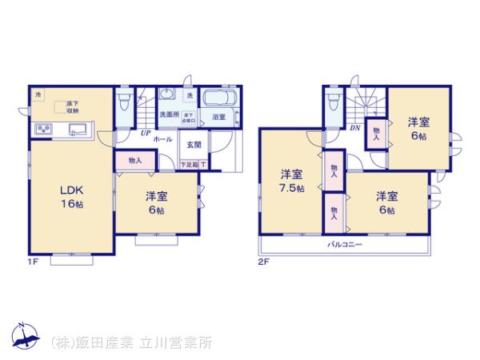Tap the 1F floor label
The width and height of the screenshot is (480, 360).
(34, 262)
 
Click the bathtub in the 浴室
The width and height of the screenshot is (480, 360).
(216, 100)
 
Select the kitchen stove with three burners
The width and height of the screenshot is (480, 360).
(42, 130)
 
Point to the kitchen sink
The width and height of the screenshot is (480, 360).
(77, 129)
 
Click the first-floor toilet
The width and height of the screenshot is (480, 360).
(122, 103)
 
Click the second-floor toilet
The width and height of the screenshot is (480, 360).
(334, 102)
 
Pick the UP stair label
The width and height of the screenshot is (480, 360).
(146, 133)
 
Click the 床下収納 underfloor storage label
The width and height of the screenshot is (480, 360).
(72, 107)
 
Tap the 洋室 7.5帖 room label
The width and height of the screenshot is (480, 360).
(291, 180)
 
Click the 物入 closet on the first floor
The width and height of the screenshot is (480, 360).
(134, 160)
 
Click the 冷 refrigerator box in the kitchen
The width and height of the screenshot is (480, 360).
(38, 95)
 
